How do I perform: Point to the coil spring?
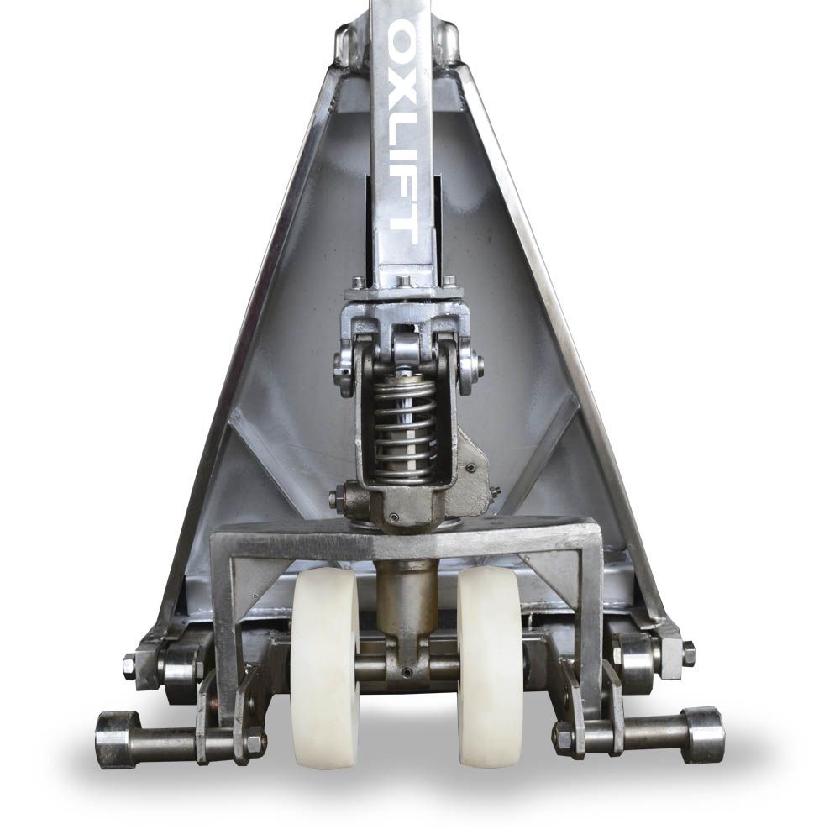pyautogui.click(x=405, y=428)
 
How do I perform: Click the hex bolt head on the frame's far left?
pyautogui.click(x=130, y=666)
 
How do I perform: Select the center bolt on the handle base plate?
pyautogui.click(x=403, y=281)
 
